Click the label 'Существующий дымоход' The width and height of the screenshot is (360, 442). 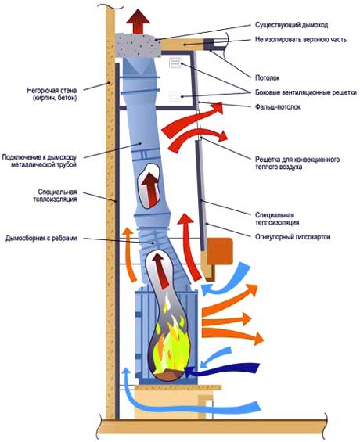coord(291,25)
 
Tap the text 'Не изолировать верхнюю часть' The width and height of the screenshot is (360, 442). coord(301,39)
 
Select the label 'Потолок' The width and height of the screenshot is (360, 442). coord(267,77)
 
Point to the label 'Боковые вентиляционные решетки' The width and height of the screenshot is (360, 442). coord(306,92)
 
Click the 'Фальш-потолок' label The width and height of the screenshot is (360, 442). coord(278,107)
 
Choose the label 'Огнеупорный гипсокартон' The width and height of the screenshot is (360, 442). coord(293,237)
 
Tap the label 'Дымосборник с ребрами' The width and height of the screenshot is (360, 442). coord(41,239)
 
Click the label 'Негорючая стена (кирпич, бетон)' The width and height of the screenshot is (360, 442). coord(52,94)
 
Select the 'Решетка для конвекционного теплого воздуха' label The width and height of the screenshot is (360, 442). coord(297,163)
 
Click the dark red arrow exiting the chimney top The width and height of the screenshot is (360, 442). coord(138,22)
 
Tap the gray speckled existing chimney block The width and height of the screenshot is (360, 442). coord(138,45)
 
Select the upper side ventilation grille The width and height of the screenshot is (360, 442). coord(175,63)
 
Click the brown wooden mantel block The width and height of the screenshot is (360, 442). coord(220,251)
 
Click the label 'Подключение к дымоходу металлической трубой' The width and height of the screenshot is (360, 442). coord(39,160)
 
